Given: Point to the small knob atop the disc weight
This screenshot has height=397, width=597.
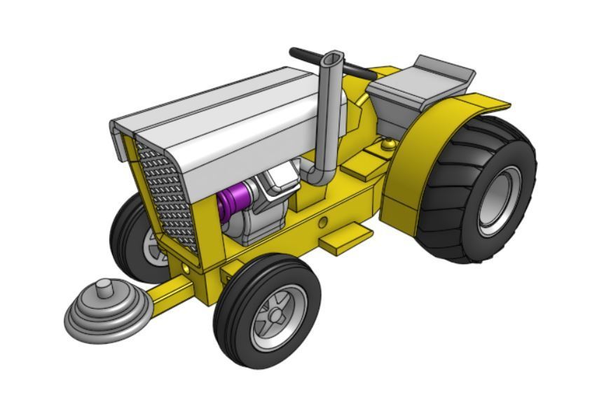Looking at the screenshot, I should click(104, 287).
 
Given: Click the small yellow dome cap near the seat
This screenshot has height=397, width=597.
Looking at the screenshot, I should click(387, 145).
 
